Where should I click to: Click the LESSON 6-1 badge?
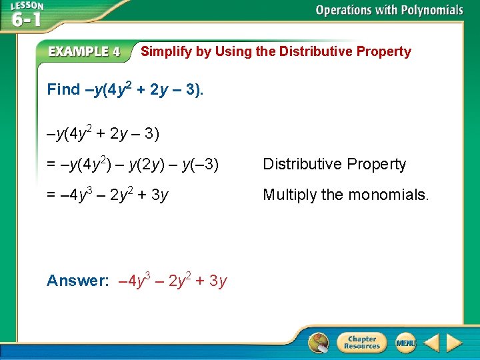tap(26, 14)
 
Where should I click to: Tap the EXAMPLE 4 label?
tap(84, 51)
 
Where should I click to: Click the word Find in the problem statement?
tap(63, 90)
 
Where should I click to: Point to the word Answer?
tap(77, 281)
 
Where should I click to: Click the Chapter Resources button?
tap(362, 343)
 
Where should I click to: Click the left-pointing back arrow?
tap(431, 343)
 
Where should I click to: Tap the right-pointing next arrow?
tap(454, 343)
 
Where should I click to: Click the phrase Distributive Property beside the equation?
tap(334, 165)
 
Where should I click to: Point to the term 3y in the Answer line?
tap(218, 281)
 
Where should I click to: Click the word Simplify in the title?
tap(166, 51)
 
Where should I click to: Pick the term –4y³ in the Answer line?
tap(133, 281)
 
